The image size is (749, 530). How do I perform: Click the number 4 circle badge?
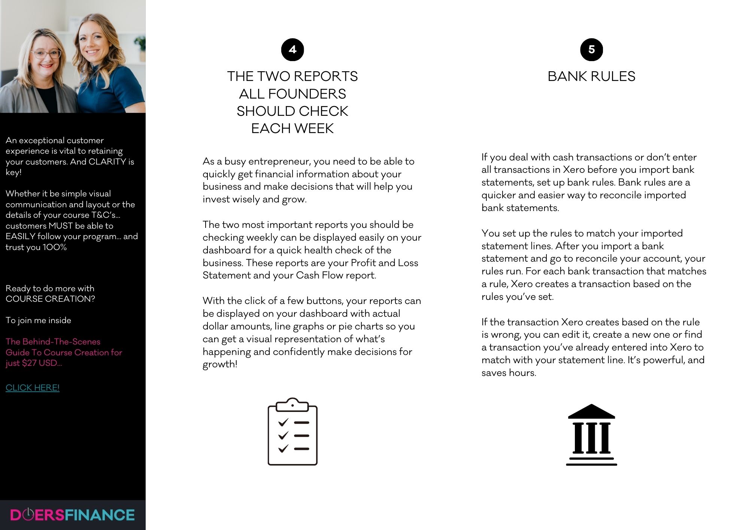coord(292,49)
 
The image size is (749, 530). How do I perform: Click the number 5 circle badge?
coord(591,49)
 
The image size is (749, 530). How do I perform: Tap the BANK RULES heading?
coord(591,76)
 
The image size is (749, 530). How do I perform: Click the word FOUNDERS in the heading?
coord(307,94)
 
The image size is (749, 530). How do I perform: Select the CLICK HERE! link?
coord(33,388)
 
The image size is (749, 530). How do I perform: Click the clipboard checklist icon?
coord(292,432)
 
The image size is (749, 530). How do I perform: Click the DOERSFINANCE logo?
coord(72,515)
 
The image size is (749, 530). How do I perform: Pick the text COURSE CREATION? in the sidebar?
coord(50,299)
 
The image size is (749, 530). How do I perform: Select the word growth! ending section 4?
coord(220,364)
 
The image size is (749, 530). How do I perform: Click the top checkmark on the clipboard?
coord(283,422)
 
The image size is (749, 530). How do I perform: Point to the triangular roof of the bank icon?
coord(591,412)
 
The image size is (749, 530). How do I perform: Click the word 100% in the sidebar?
coord(55,247)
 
